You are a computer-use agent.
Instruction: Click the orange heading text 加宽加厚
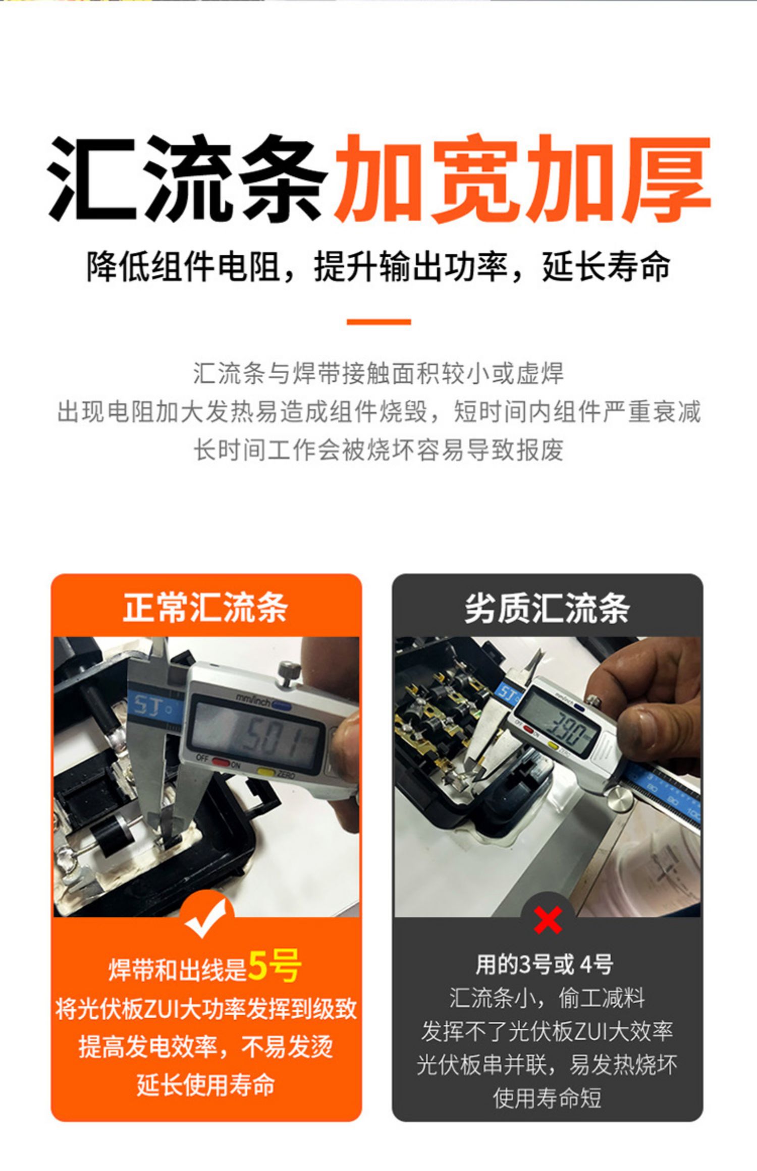click(522, 179)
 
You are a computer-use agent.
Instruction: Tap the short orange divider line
click(379, 321)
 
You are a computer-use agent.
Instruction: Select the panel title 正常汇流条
click(206, 608)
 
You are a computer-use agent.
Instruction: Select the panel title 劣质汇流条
click(548, 608)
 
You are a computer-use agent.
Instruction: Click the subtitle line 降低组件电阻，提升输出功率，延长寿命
click(379, 266)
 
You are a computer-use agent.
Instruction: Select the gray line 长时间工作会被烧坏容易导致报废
click(379, 449)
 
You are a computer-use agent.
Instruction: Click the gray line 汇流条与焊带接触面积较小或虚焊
click(379, 374)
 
